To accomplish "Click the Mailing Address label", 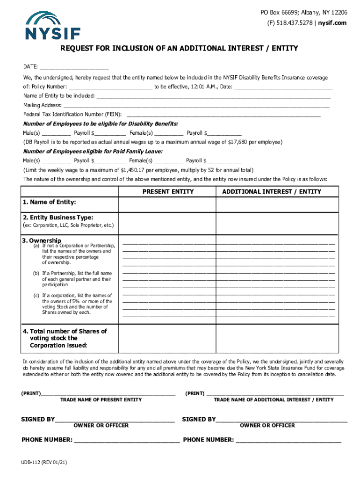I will coord(42,105).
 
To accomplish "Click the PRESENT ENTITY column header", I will coord(168,192).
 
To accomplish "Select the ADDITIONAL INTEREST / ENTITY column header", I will coord(272,192).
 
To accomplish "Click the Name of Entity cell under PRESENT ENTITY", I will coord(167,205).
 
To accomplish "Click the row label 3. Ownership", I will coord(42,240).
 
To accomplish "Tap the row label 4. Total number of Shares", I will coord(65,331).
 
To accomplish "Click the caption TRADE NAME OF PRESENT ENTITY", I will coord(101,400).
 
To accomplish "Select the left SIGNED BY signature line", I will coord(115,420).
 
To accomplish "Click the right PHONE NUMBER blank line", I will coord(289,440).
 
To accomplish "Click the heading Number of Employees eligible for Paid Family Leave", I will coord(93,152).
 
